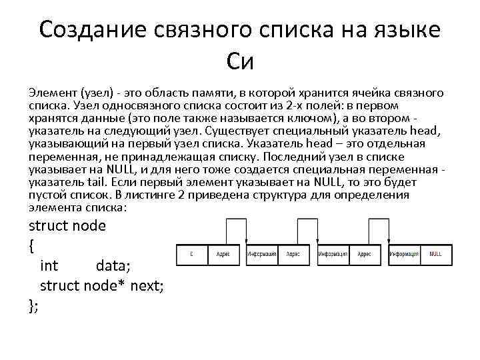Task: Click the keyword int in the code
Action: pos(49,266)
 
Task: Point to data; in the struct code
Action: pos(113,266)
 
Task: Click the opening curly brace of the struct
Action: pos(32,245)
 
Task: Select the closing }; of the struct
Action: pos(33,305)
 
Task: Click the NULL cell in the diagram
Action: pos(435,254)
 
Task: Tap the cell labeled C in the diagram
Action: pos(192,254)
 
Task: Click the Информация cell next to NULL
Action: pos(405,254)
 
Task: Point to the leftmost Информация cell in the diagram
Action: pos(262,254)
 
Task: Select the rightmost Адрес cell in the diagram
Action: pos(364,254)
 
